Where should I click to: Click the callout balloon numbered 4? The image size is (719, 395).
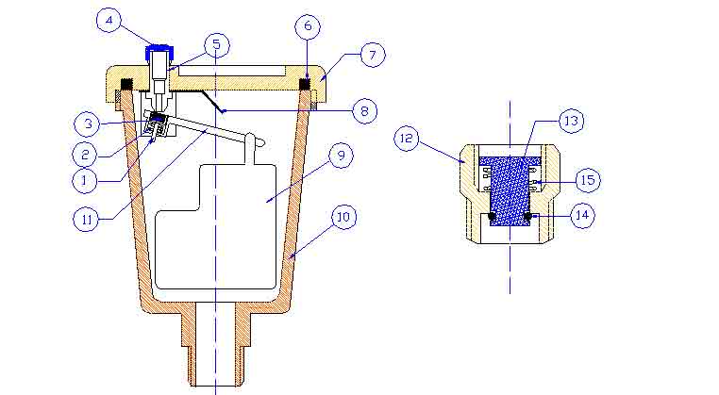(x=109, y=20)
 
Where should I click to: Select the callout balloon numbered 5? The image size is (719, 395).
(x=217, y=45)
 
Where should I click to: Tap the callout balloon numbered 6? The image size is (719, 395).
(x=308, y=26)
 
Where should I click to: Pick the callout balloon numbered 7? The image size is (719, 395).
(x=373, y=55)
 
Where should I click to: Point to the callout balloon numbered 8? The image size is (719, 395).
(x=364, y=111)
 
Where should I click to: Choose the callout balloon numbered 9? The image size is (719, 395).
(x=341, y=156)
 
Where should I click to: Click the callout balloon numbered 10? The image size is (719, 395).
(x=343, y=217)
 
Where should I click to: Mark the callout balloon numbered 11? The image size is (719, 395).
(x=86, y=220)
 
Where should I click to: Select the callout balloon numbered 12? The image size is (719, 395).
(x=407, y=138)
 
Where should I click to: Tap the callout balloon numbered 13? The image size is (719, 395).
(x=572, y=121)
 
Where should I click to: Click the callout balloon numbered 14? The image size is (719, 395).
(x=582, y=215)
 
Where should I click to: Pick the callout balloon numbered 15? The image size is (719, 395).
(x=588, y=180)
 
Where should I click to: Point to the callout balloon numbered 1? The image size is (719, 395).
(x=84, y=181)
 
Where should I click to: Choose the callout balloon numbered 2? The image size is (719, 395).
(x=85, y=155)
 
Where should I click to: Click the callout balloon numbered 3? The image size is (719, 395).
(x=87, y=124)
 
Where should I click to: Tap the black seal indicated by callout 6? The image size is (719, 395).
(x=305, y=84)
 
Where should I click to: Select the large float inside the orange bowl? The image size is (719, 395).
(x=215, y=227)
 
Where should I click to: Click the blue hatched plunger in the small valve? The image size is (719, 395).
(x=510, y=190)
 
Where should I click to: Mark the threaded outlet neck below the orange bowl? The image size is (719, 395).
(x=215, y=348)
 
